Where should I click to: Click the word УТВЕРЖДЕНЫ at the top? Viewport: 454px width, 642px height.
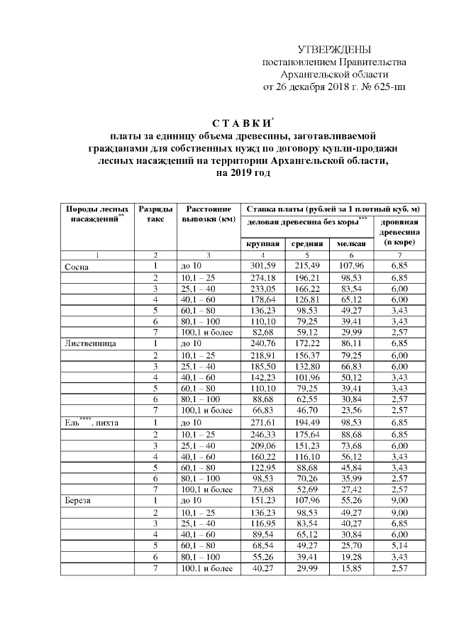click(334, 50)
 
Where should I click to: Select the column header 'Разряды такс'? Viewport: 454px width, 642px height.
click(155, 214)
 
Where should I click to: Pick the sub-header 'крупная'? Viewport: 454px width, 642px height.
click(263, 244)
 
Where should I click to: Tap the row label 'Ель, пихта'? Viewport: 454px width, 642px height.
click(92, 422)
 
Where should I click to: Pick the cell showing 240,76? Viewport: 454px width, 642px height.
click(263, 343)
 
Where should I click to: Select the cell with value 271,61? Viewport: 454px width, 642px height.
click(263, 422)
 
